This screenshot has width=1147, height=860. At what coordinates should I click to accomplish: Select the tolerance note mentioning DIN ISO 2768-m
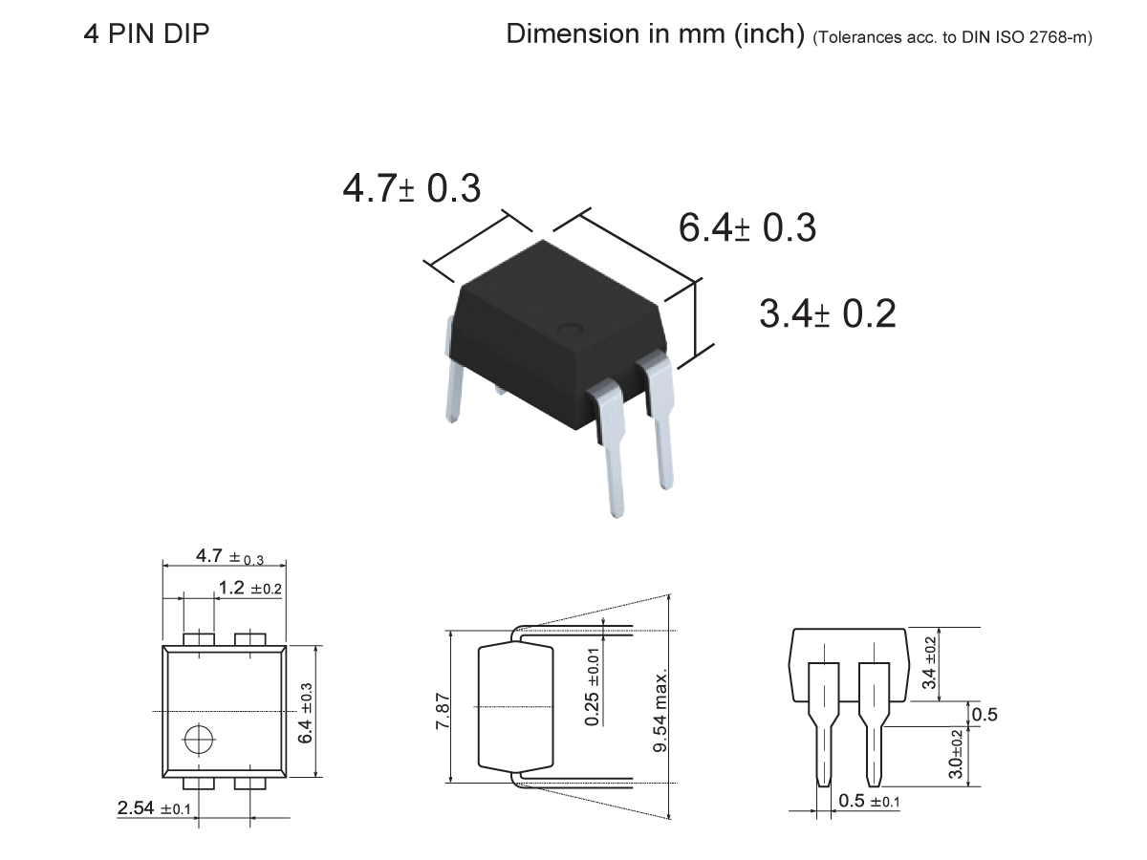point(952,38)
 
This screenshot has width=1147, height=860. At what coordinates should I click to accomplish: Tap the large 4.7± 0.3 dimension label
point(411,188)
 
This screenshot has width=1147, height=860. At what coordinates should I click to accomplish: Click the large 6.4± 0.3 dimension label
point(747,228)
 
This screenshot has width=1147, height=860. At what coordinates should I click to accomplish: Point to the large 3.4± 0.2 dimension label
point(828,313)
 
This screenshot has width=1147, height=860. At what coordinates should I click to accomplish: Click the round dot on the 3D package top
point(572,331)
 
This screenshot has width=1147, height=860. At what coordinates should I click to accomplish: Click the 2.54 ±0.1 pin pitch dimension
point(155,809)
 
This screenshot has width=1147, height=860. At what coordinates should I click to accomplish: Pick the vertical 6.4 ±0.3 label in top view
point(307,712)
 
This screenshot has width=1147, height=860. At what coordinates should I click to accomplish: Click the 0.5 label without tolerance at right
point(984,714)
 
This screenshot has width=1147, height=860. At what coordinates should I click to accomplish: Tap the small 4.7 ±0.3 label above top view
point(229,556)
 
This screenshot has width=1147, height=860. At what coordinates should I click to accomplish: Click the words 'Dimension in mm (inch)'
point(656,34)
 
